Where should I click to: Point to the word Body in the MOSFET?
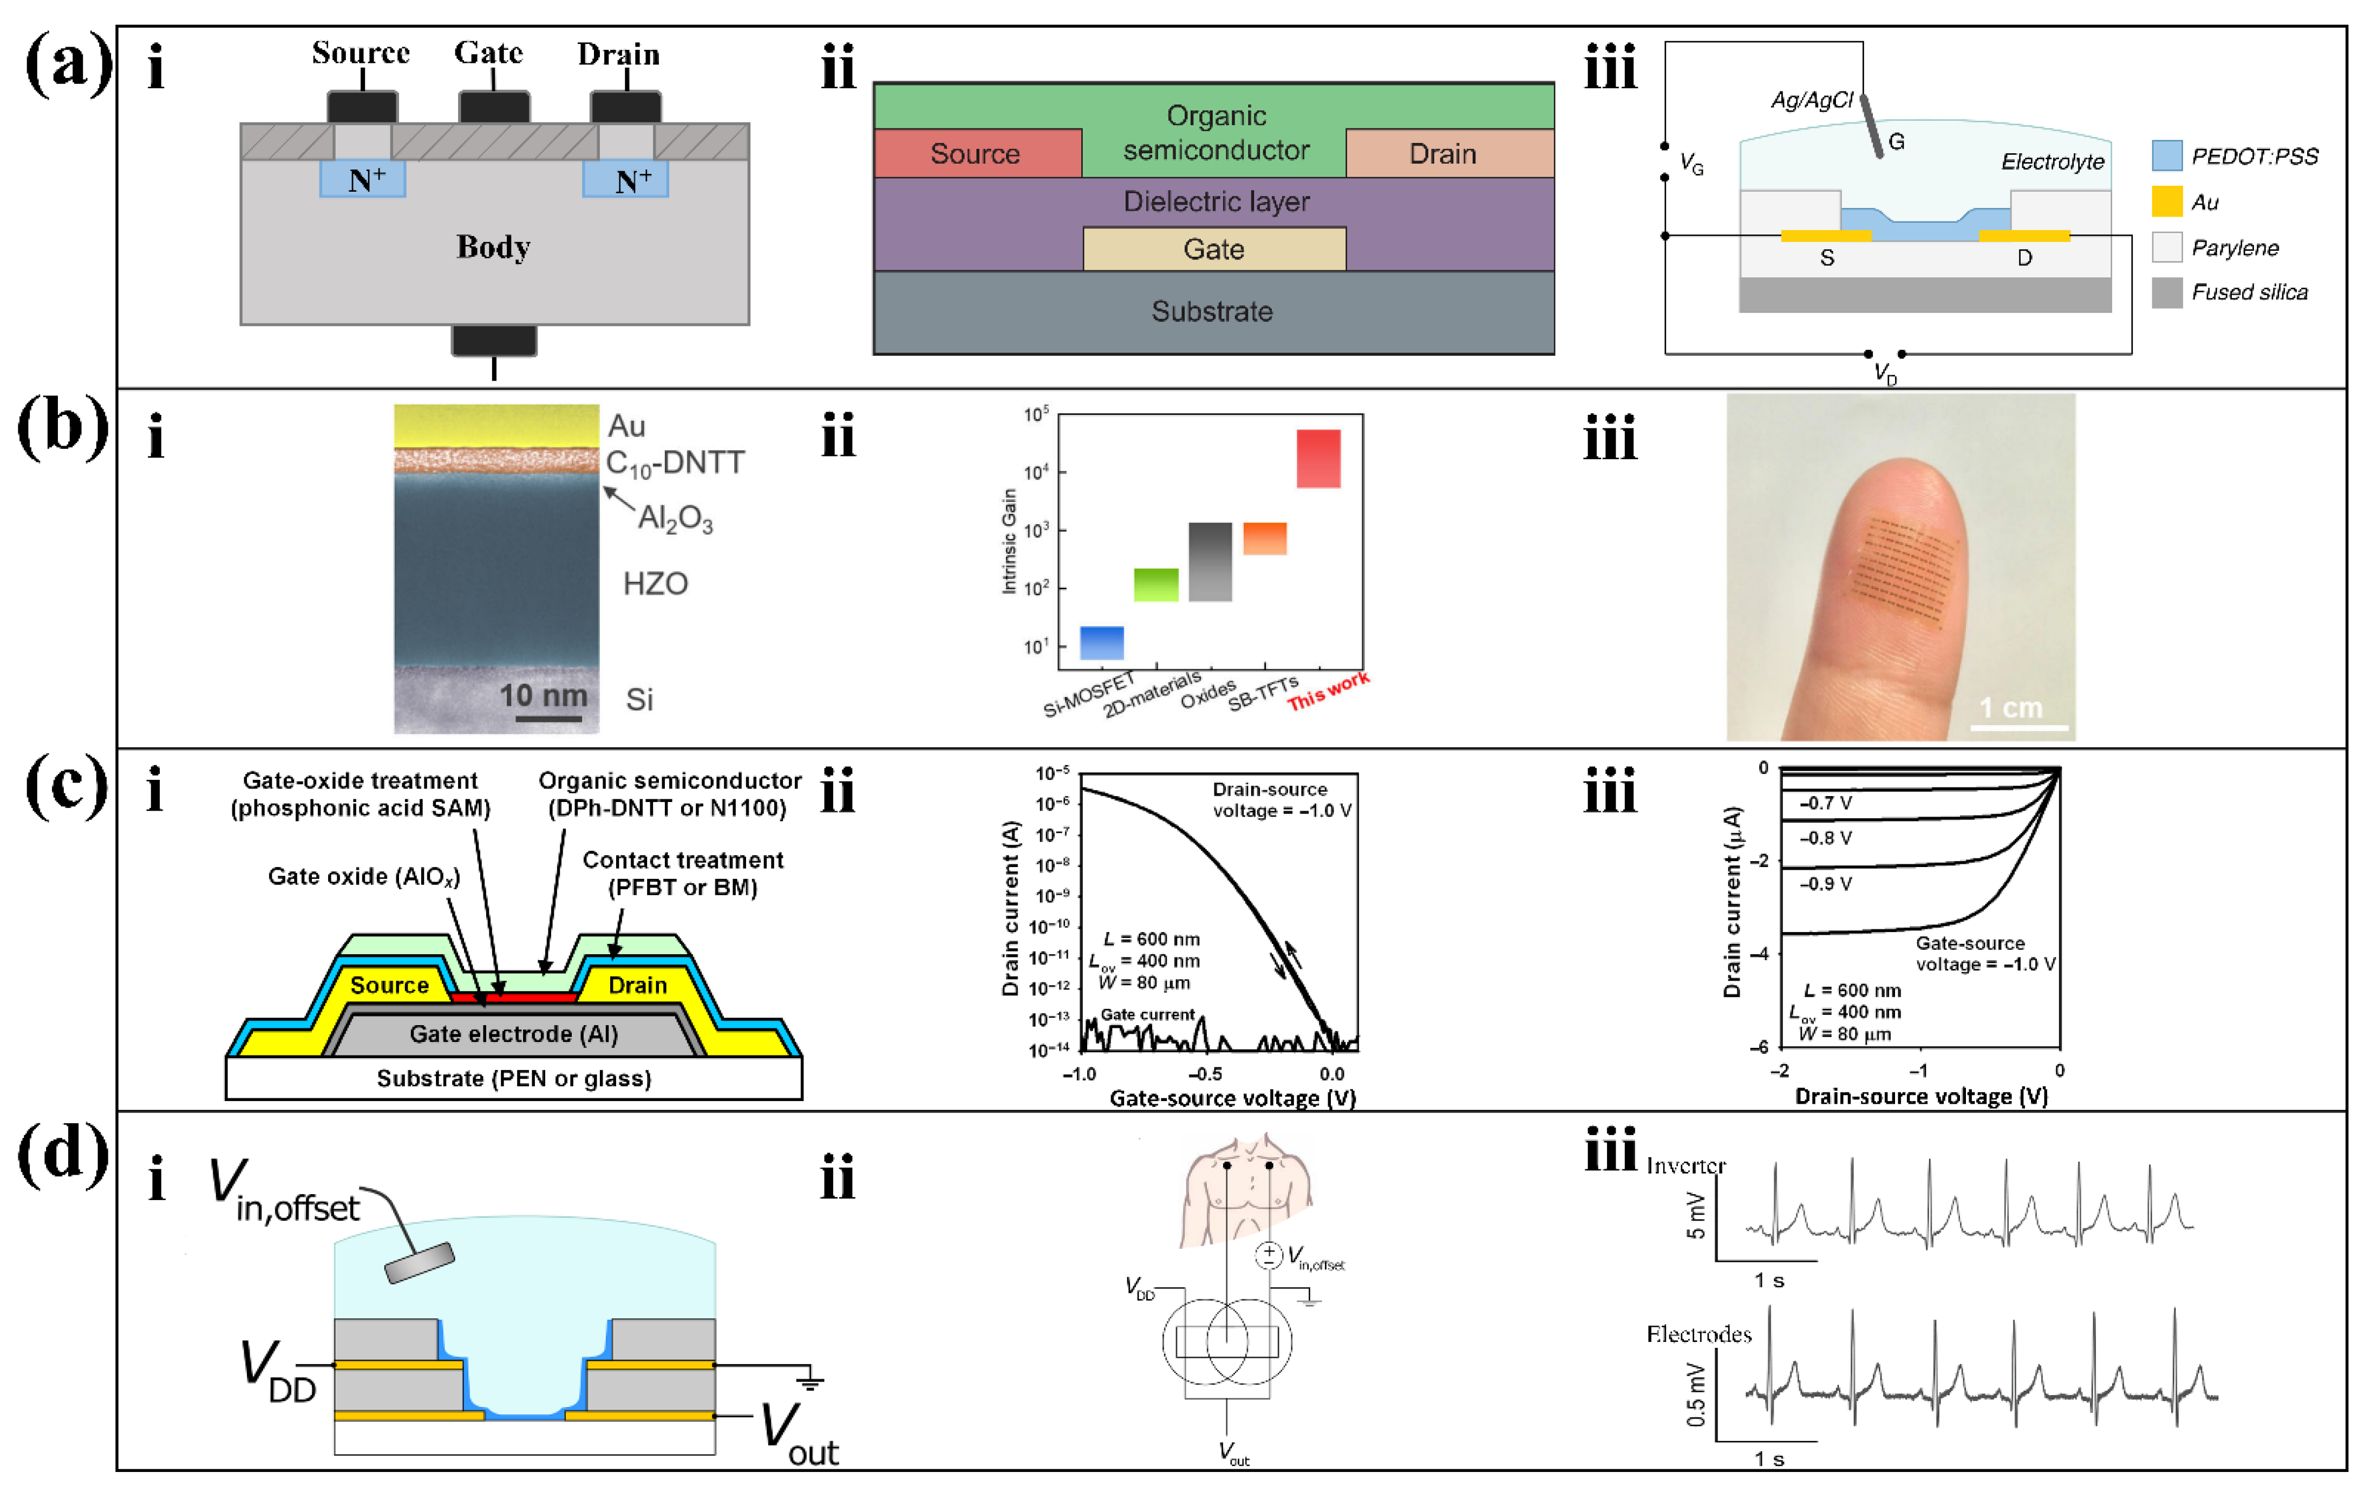[x=493, y=246]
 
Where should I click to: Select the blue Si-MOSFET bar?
[x=1101, y=642]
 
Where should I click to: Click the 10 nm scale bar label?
[x=543, y=695]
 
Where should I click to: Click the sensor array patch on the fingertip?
[x=1902, y=570]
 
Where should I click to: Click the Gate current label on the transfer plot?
[x=1147, y=1015]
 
